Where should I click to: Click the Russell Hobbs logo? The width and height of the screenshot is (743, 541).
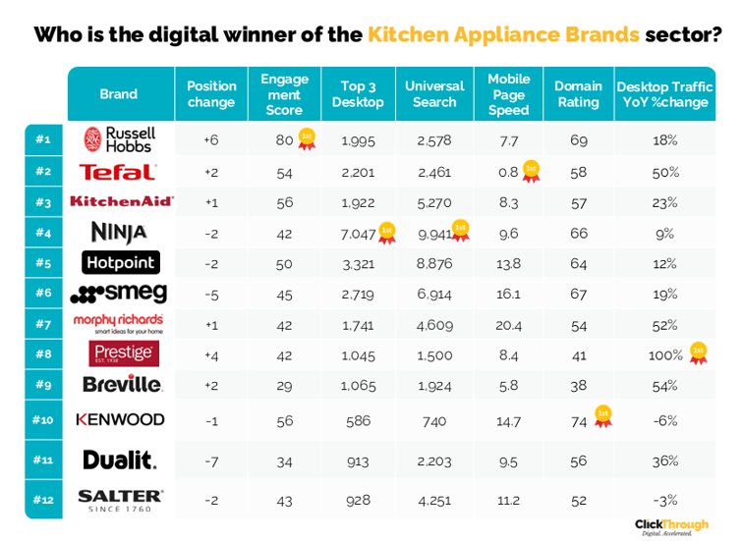119,139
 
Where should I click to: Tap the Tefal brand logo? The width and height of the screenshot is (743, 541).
118,172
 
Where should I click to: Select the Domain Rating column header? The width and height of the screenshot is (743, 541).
578,94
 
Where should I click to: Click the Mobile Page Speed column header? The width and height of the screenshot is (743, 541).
508,94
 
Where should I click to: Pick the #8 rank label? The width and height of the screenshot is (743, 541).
42,354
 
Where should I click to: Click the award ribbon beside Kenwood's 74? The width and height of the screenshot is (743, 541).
601,416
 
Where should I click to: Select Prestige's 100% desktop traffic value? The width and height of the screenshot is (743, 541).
664,354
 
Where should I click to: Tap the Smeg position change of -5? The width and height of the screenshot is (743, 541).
211,294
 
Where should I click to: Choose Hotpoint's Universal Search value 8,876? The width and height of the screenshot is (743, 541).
433,263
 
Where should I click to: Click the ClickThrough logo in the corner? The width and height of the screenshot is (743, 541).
672,526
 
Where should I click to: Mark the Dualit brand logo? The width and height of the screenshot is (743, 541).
119,460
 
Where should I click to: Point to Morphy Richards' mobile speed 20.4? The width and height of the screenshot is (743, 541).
508,324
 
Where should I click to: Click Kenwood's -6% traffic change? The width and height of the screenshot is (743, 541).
664,419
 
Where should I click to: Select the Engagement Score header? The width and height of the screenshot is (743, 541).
284,94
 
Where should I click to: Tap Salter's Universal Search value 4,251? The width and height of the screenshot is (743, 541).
433,500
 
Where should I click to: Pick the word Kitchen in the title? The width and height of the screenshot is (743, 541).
407,35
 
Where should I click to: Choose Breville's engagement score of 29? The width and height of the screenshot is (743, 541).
284,384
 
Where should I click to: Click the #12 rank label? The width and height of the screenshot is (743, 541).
42,500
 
